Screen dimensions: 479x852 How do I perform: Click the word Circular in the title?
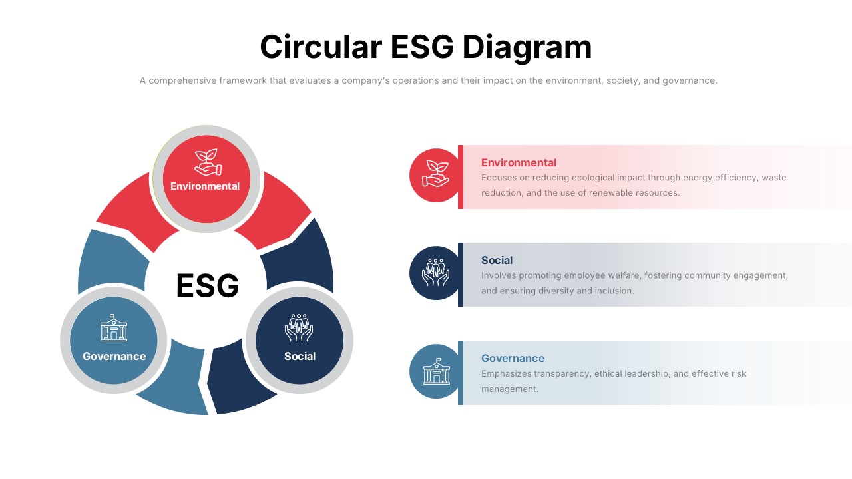click(x=321, y=47)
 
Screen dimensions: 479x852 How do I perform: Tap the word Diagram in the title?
click(x=527, y=47)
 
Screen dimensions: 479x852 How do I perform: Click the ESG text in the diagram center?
click(x=208, y=286)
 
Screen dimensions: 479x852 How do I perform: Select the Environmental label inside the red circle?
click(x=205, y=186)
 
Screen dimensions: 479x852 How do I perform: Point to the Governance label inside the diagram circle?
click(x=114, y=357)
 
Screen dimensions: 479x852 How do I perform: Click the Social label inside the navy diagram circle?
click(x=300, y=357)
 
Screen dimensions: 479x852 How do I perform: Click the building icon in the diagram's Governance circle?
click(x=114, y=328)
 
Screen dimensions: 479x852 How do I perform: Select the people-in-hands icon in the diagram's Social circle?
click(x=300, y=327)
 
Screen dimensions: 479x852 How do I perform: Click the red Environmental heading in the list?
click(x=519, y=162)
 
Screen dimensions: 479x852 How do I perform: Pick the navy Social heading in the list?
click(x=497, y=260)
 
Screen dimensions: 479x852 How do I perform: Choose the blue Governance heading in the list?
click(x=513, y=358)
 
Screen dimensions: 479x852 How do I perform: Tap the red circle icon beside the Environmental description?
click(x=436, y=175)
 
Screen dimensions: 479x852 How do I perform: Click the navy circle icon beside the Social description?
click(x=436, y=273)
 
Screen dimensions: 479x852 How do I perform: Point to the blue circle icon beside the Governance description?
click(x=436, y=371)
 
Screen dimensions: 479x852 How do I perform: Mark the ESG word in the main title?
click(x=423, y=47)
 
